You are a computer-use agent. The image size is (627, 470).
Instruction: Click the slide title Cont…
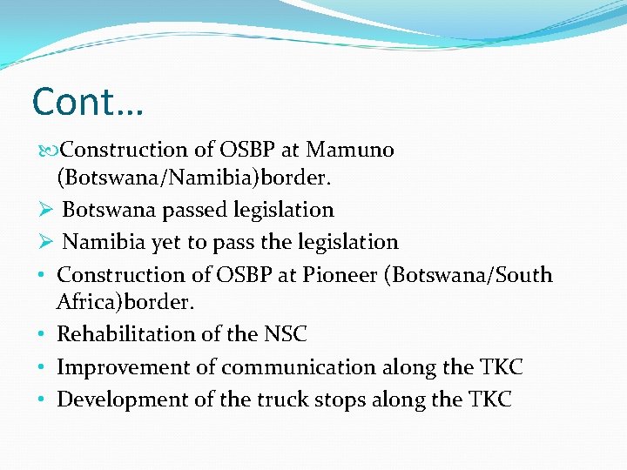tap(88, 102)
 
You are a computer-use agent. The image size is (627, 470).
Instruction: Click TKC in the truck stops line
tap(490, 399)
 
